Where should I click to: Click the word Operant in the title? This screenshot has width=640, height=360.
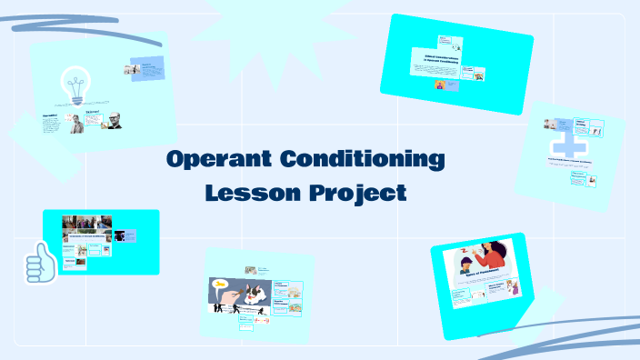[217, 161]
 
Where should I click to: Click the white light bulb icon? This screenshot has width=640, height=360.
[76, 87]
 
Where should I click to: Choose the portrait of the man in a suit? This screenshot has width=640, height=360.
[77, 124]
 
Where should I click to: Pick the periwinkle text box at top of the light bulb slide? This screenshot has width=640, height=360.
[147, 69]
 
